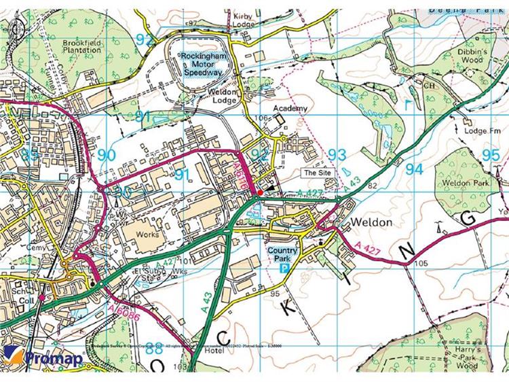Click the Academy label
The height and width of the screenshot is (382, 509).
point(290,109)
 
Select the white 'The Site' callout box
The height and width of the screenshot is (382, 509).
point(318,173)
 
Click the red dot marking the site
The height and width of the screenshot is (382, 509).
point(260,193)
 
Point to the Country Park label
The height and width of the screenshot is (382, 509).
point(282,254)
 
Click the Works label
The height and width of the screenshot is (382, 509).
point(147,235)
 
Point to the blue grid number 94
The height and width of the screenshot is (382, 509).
point(413,167)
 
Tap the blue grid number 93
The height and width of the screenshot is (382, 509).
point(337,154)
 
